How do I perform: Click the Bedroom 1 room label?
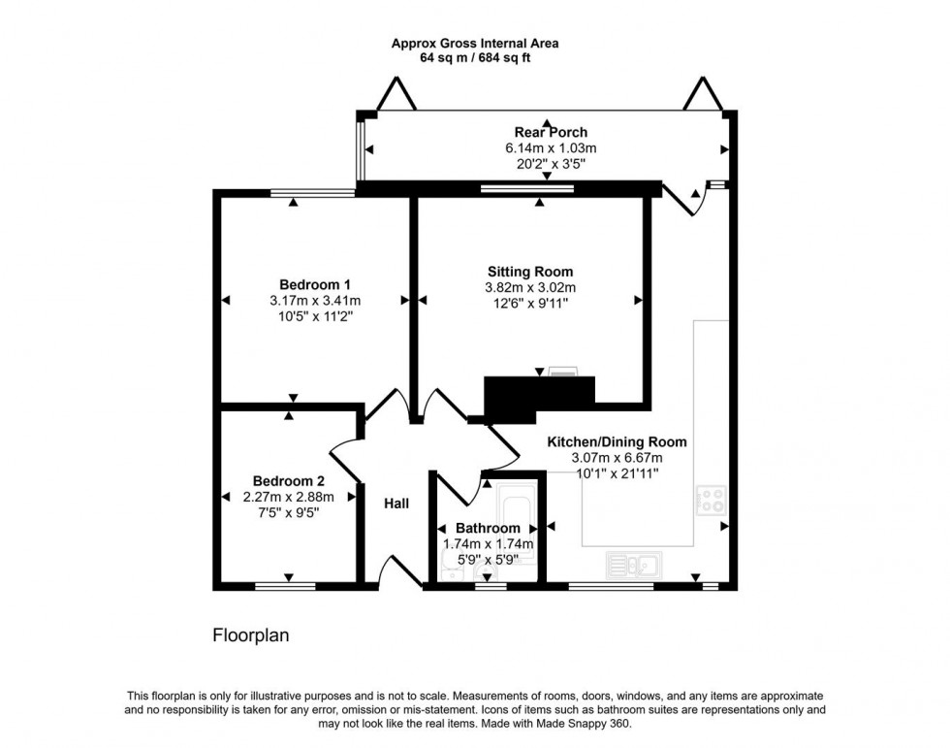pos(315,284)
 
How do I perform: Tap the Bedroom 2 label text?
pos(288,480)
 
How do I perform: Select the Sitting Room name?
pos(529,272)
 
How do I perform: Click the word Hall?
pos(396,504)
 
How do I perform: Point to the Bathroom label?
pos(489,529)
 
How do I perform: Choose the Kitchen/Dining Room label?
pos(617,441)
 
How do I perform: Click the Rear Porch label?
pos(551,133)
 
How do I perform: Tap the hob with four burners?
pos(712,499)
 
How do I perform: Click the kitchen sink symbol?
pos(632,562)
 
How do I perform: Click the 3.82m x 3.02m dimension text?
pos(529,288)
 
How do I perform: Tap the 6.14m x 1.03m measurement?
pos(551,148)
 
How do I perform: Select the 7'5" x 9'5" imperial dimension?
pos(288,512)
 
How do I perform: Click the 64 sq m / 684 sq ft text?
pos(474,58)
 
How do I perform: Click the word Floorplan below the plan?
pos(251,636)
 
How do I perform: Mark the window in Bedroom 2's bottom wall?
pos(285,586)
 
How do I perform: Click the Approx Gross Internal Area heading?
pos(474,43)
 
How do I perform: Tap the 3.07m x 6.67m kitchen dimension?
pos(617,458)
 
